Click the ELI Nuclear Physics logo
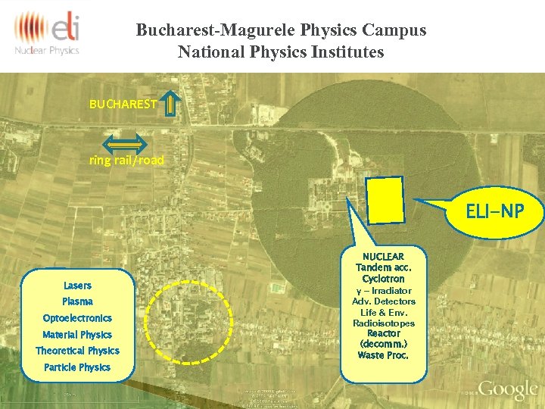pos(47,34)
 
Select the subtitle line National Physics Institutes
pos(281,52)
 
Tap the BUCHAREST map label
pos(123,104)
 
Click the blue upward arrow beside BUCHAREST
pos(172,105)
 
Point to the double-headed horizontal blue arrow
pos(125,142)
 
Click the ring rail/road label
pos(126,161)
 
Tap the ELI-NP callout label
pos(494,211)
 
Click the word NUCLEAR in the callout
pos(383,257)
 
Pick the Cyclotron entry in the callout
pos(383,279)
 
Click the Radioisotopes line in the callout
pos(383,323)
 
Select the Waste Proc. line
pos(383,355)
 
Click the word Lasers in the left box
pos(77,286)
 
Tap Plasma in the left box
pos(77,301)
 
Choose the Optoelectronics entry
pos(77,318)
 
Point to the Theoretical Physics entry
pos(77,351)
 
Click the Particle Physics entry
pos(77,367)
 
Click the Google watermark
pos(507,389)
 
